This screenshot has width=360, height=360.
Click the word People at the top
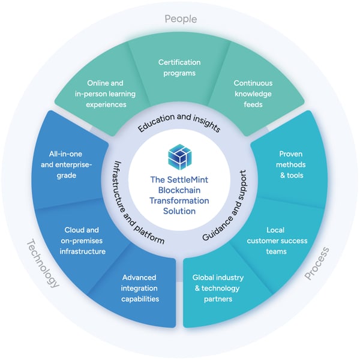(180, 19)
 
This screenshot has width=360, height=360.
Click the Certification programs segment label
(179, 67)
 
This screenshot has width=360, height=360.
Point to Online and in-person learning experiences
(111, 94)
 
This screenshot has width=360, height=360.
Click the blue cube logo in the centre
(180, 157)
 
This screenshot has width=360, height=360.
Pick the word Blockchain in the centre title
(180, 190)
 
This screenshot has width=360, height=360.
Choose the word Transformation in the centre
(180, 201)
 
